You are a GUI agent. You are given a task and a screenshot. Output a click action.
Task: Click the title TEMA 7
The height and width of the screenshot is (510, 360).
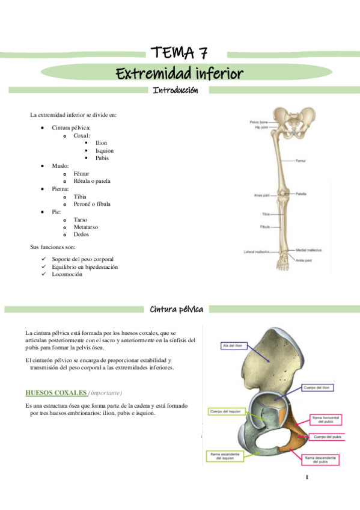179,52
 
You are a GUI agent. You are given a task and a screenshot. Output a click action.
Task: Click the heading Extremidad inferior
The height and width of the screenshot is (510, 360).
179,73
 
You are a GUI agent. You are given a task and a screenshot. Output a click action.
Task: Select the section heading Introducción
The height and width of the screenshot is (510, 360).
175,90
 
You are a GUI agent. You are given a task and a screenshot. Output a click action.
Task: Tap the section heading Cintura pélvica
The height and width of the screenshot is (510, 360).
175,309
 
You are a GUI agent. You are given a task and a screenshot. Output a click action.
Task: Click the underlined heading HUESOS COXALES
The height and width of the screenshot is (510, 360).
56,393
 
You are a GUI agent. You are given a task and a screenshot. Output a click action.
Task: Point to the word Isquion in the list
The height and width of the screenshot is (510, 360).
104,150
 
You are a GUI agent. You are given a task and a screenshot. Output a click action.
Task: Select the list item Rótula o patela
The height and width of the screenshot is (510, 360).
92,181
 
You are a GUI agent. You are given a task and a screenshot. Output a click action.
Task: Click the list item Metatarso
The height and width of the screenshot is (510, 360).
88,227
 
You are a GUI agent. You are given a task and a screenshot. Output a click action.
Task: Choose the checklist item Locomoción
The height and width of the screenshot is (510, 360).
67,274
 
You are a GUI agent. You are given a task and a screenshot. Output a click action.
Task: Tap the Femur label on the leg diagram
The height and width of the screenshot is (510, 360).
301,161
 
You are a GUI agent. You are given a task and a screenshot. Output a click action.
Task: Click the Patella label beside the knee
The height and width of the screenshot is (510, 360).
301,194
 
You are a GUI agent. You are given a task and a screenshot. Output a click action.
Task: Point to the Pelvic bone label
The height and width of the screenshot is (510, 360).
259,122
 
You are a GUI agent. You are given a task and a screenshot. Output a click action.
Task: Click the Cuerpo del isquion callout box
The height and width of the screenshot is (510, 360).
224,411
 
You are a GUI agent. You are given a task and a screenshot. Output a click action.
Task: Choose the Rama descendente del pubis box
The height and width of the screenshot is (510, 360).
319,460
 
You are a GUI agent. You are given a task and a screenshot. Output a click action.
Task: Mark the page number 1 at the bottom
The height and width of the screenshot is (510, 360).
307,478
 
